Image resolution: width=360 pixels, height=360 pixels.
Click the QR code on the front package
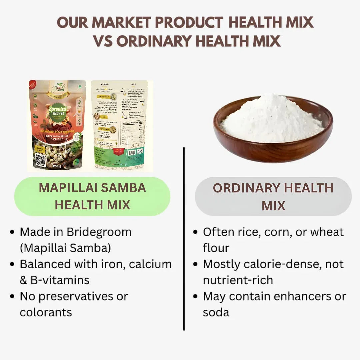(41, 160)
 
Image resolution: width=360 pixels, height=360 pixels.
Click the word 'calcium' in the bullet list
(150, 264)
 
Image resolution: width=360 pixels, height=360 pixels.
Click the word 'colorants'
(46, 312)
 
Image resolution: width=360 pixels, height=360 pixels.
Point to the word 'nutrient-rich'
(238, 280)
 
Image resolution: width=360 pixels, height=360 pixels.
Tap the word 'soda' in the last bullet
(216, 312)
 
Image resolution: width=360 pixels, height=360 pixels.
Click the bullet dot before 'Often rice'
(196, 232)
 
